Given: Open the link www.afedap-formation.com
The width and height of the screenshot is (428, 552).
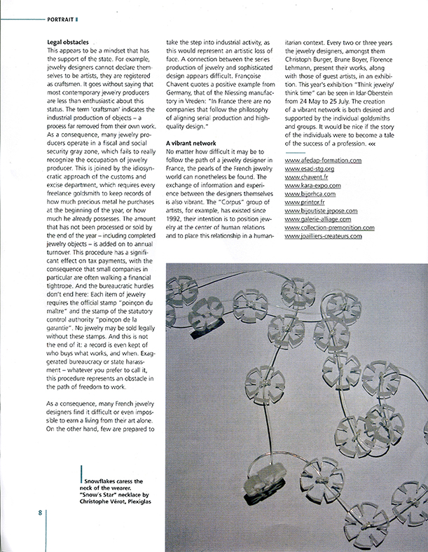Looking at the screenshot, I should point(324,160).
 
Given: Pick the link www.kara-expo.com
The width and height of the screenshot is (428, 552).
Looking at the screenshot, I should point(313,186).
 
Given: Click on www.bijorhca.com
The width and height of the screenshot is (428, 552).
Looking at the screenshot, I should point(311,194).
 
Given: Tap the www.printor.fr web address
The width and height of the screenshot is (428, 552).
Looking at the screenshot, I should point(305,202).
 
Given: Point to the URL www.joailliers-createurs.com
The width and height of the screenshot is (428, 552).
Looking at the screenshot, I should point(324,236).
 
